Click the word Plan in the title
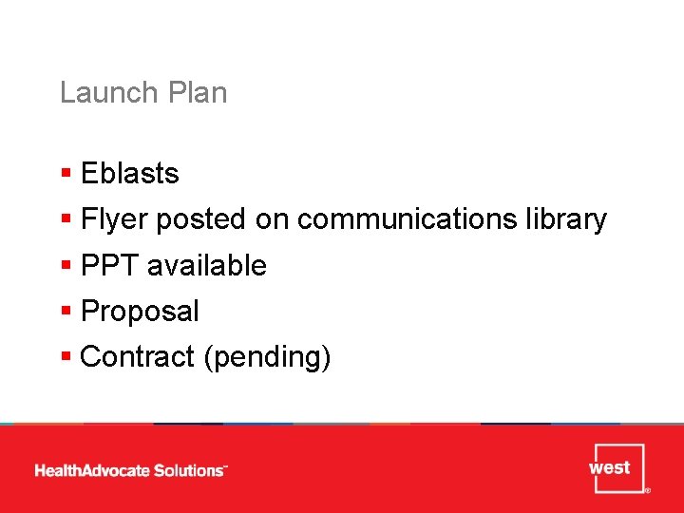tap(197, 93)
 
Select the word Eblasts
tap(130, 174)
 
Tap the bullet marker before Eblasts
tap(66, 174)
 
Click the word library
tap(565, 219)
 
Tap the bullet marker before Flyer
tap(66, 219)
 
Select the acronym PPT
tap(110, 265)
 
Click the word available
tap(206, 265)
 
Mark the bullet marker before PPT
tap(66, 265)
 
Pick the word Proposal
tap(141, 311)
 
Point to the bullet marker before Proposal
tap(66, 311)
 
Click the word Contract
tap(137, 356)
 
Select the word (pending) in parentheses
tap(266, 357)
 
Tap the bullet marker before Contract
tap(66, 356)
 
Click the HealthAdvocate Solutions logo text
tap(131, 470)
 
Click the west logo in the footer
tap(616, 467)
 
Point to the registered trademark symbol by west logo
tap(647, 491)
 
